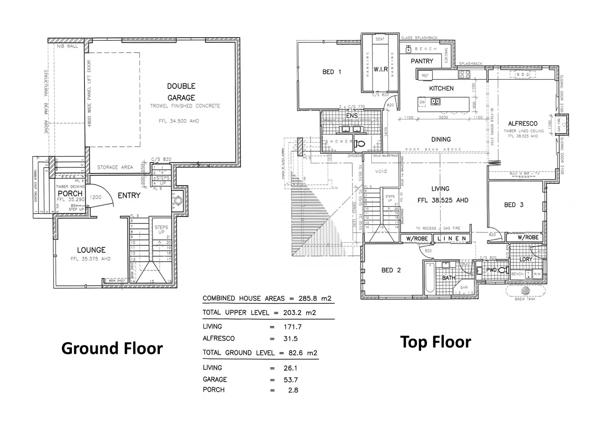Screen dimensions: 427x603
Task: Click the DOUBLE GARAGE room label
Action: [x=181, y=92]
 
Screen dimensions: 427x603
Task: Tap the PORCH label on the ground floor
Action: [x=70, y=193]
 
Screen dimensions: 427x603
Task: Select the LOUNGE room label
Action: [x=91, y=250]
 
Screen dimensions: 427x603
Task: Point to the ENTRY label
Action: [x=129, y=195]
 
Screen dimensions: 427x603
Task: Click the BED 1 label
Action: [x=331, y=72]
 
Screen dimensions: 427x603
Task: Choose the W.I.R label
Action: [x=380, y=69]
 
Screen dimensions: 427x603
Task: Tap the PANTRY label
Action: [x=422, y=61]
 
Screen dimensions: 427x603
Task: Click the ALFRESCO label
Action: [x=522, y=124]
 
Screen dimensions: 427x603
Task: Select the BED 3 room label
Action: [x=513, y=205]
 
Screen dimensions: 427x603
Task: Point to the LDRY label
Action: [x=526, y=259]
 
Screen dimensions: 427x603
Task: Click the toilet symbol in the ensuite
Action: [x=360, y=144]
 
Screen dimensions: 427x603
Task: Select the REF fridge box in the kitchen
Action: [x=425, y=75]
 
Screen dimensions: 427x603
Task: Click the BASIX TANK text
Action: [x=525, y=299]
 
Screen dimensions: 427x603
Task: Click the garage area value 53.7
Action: [x=290, y=380]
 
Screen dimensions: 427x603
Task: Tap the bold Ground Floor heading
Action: [x=112, y=348]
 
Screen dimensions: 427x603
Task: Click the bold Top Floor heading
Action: [x=435, y=342]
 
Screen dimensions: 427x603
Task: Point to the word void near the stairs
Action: [x=380, y=171]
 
